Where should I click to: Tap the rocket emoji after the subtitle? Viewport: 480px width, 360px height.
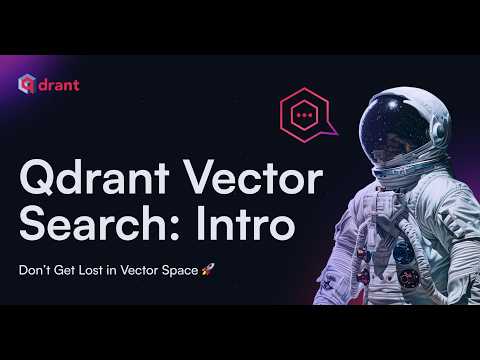208,270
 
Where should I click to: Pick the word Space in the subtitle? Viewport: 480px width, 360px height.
180,270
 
